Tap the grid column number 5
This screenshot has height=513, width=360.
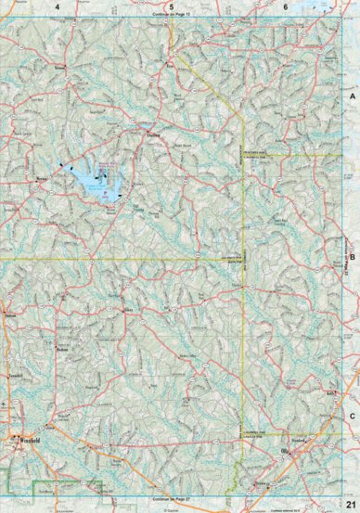coord(171,6)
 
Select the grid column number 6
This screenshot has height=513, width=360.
coord(284,6)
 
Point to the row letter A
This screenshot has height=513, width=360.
coord(352,96)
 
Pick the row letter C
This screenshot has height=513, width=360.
coord(352,391)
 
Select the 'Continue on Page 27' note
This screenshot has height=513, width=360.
coord(171,497)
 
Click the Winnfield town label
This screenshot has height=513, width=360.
coord(27,433)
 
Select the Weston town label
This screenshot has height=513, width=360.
coord(42,174)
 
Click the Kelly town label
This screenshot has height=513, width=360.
coord(330,395)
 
